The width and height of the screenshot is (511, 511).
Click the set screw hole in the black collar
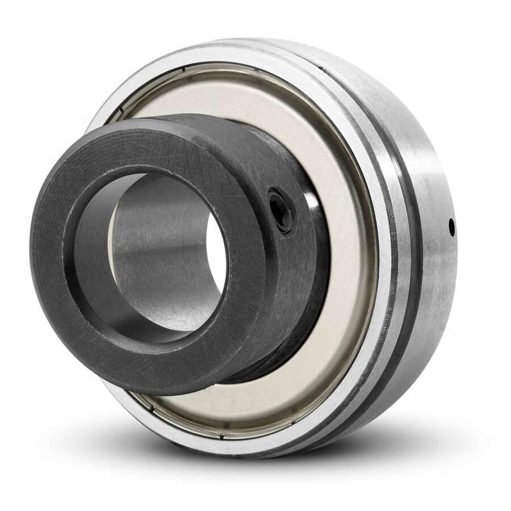(x=281, y=209)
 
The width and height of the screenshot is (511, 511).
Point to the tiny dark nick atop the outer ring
(x=321, y=69)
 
